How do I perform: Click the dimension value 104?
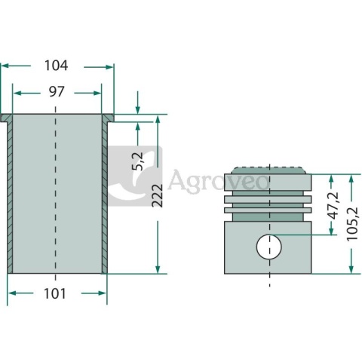coord(57,66)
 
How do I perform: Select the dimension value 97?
coord(57,92)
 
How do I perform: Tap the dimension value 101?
coord(55,293)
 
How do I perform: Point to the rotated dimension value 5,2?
coord(138,161)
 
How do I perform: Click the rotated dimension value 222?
coord(158,195)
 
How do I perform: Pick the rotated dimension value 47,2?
coord(333,206)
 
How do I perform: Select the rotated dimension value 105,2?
coord(352,224)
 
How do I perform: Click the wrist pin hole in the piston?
coord(269,247)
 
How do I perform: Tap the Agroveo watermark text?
coord(218,181)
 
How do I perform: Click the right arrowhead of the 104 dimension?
coord(109,67)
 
